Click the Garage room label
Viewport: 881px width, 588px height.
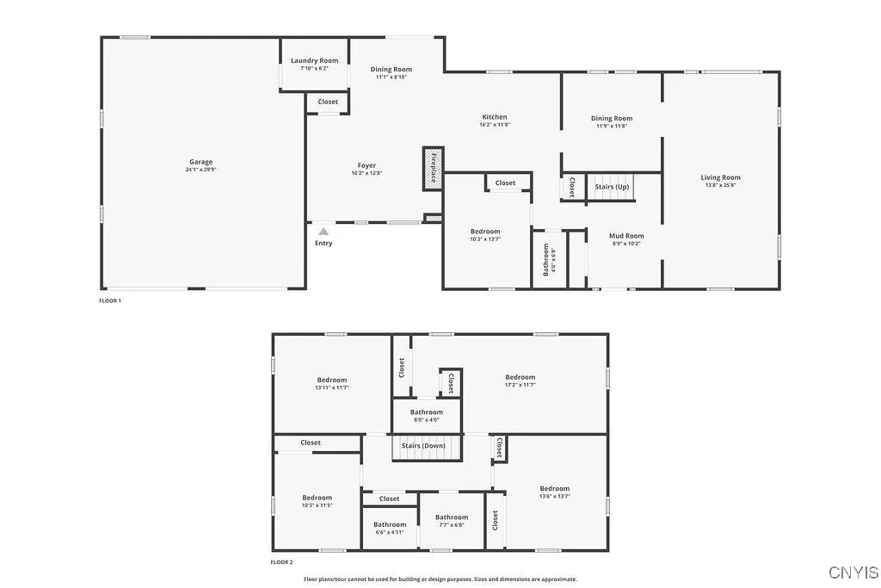(x=201, y=162)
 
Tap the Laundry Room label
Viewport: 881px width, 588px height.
(x=314, y=60)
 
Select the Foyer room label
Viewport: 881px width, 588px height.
(x=367, y=165)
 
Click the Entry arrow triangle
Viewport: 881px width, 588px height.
(x=323, y=232)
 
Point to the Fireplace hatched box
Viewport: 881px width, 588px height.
(x=433, y=168)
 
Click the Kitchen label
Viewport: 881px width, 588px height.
(x=495, y=117)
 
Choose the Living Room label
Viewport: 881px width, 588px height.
(x=720, y=177)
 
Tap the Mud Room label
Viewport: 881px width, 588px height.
(x=626, y=235)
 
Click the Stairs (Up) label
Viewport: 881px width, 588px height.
(x=612, y=187)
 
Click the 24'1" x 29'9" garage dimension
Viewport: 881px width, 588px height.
(x=201, y=170)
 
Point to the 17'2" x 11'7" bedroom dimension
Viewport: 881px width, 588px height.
(x=521, y=385)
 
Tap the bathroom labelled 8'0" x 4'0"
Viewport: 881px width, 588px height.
(x=427, y=416)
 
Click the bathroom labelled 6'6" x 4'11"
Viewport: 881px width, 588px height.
(x=390, y=528)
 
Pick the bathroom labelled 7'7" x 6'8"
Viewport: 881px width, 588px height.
(x=452, y=521)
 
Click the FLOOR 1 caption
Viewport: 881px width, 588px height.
(x=110, y=300)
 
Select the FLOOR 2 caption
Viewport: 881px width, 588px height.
(x=281, y=562)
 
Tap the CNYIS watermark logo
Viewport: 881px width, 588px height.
(x=853, y=573)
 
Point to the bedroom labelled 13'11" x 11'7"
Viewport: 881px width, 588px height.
(x=331, y=383)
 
